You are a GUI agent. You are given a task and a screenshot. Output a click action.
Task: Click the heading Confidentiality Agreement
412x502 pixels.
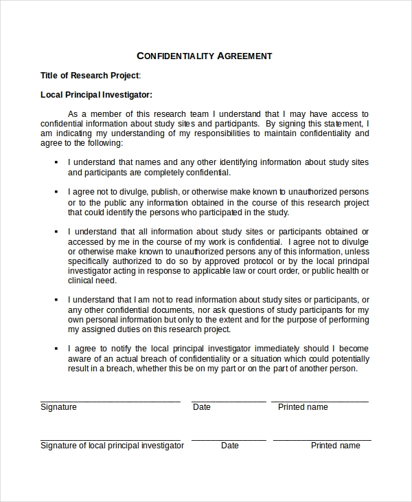click(x=205, y=56)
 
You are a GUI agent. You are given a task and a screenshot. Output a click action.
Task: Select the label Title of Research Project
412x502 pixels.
click(x=90, y=76)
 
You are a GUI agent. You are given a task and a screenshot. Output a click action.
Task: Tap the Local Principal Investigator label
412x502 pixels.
click(x=96, y=95)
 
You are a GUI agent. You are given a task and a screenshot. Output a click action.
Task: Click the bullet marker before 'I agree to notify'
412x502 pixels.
click(x=56, y=349)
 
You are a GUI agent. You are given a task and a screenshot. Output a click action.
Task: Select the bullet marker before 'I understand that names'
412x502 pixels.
click(x=56, y=162)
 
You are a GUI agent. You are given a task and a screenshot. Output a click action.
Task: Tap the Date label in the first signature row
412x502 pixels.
click(x=202, y=407)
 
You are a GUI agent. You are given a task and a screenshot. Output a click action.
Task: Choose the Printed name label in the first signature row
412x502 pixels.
click(x=303, y=407)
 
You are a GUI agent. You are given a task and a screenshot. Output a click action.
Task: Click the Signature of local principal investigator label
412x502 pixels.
click(x=112, y=446)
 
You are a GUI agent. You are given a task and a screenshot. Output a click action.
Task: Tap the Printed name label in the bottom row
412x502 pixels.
click(x=335, y=446)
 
